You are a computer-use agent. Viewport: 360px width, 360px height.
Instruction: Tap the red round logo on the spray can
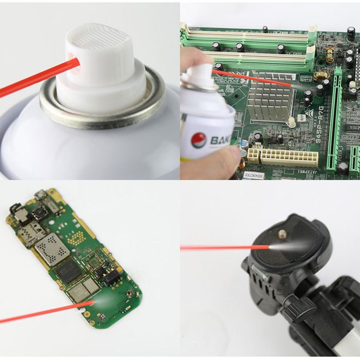tap(198, 140)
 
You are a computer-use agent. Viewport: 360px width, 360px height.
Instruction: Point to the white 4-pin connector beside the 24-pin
tap(253, 155)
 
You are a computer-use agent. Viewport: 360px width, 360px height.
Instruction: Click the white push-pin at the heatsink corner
tap(291, 121)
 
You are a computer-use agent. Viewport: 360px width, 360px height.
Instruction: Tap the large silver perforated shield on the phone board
tap(52, 249)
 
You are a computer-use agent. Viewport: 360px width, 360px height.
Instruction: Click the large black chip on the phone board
tap(70, 271)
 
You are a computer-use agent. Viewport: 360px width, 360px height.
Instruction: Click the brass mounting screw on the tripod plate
tap(281, 233)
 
